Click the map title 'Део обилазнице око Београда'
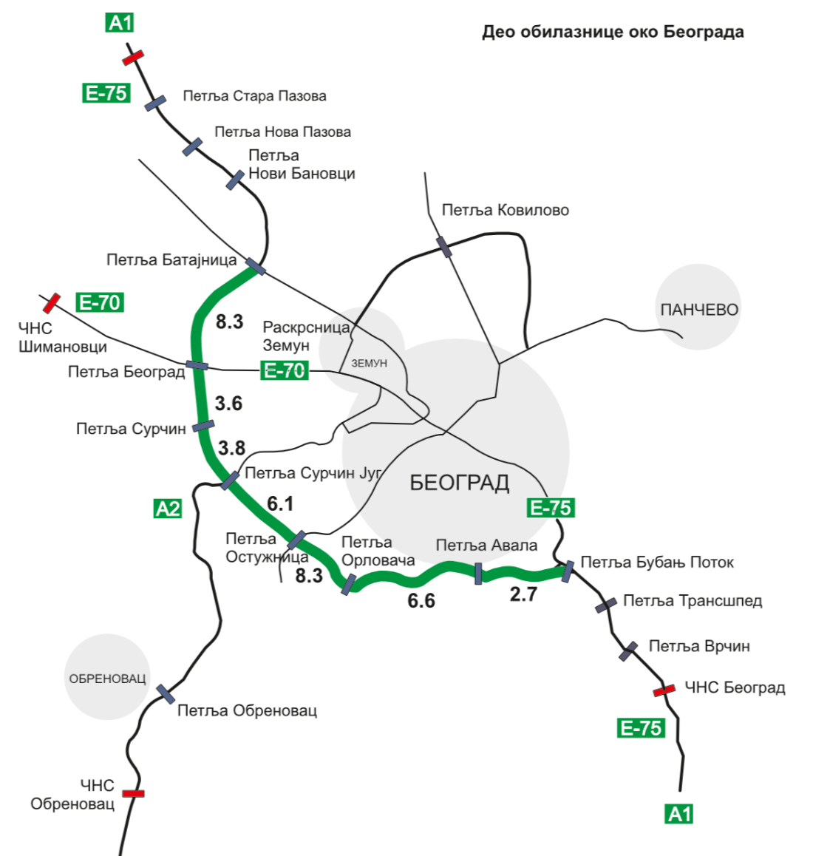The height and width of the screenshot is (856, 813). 613,32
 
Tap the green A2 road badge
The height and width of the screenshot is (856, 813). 168,509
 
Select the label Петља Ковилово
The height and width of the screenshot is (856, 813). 505,210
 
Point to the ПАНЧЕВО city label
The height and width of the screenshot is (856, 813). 698,310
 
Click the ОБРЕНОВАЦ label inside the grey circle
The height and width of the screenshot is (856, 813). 107,679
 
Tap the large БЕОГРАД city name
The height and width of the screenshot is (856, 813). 459,483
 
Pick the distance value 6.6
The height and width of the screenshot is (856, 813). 421,600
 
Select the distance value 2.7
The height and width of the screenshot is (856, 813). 523,594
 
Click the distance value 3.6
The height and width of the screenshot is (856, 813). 228,404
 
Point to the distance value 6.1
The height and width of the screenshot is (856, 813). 280,503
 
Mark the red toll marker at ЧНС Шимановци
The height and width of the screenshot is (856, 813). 51,302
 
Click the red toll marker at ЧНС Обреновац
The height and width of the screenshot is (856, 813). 134,793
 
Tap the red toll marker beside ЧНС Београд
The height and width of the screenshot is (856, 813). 664,690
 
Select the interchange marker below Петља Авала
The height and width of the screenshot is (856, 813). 479,573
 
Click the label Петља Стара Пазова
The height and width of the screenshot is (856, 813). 254,96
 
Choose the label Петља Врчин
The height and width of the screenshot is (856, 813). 698,646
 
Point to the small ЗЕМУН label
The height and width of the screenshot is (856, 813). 369,363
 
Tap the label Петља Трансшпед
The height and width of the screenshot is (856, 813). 692,601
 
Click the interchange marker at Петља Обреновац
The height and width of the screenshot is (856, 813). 166,693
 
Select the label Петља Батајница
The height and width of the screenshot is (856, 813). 171,259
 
